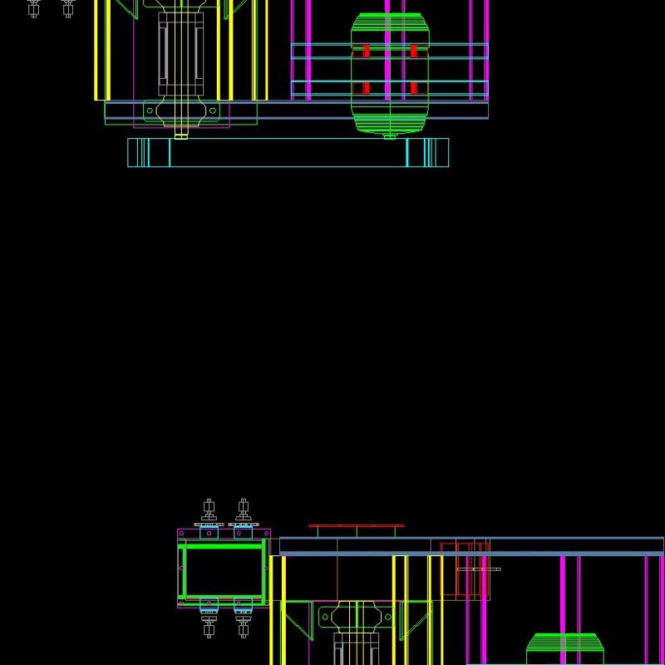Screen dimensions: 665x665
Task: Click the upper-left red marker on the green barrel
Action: tap(366, 52)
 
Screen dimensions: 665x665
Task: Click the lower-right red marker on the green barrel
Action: tap(414, 88)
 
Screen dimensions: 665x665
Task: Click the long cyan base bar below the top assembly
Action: tap(288, 153)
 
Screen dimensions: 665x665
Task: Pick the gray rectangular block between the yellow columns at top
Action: tap(181, 53)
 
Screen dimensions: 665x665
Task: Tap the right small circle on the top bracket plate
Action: tap(213, 110)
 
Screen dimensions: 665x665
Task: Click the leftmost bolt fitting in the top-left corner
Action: tap(34, 8)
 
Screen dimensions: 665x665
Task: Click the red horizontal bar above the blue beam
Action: tap(357, 525)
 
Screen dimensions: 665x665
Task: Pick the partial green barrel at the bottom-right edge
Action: tap(564, 649)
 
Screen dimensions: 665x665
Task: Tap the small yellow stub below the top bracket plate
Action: tap(181, 132)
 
